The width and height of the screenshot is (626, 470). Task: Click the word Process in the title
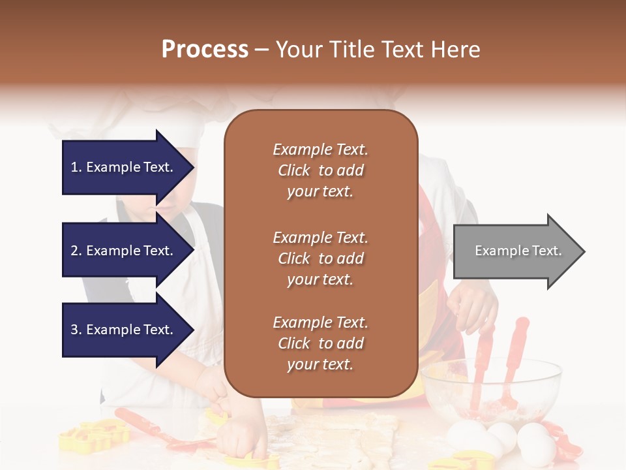pyautogui.click(x=205, y=50)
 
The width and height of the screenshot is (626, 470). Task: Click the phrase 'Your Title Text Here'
pyautogui.click(x=378, y=50)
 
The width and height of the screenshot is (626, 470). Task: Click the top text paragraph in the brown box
pyautogui.click(x=320, y=170)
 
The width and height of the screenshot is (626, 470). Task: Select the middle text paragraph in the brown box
pyautogui.click(x=320, y=258)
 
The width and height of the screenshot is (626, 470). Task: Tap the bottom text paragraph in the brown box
pyautogui.click(x=320, y=343)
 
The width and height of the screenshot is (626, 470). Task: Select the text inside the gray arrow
pyautogui.click(x=518, y=251)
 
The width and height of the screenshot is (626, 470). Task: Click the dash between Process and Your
pyautogui.click(x=262, y=50)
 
